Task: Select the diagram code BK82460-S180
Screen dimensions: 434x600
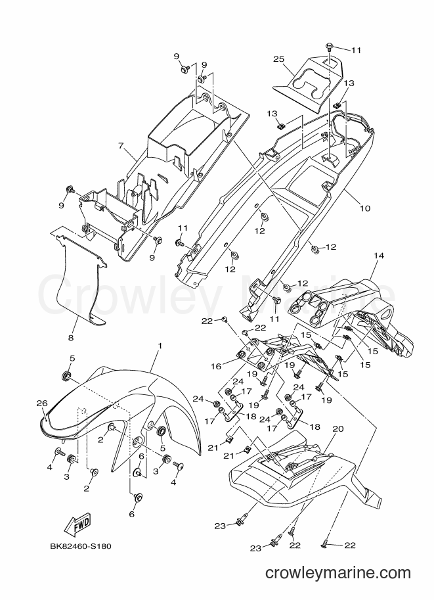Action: tap(81, 546)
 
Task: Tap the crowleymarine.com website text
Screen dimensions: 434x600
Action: tap(338, 573)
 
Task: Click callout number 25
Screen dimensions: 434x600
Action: tap(279, 59)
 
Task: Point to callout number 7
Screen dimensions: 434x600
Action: tap(121, 145)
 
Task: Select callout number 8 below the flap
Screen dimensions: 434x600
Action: tap(71, 338)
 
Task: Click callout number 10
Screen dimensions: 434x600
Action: tap(365, 208)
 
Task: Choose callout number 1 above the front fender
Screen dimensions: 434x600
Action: tap(160, 346)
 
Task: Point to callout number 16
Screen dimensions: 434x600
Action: tap(215, 367)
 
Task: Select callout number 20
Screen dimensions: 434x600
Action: tap(338, 429)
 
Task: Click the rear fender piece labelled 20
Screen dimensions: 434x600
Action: tap(302, 474)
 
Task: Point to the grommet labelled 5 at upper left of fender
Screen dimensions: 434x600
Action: tap(67, 375)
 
